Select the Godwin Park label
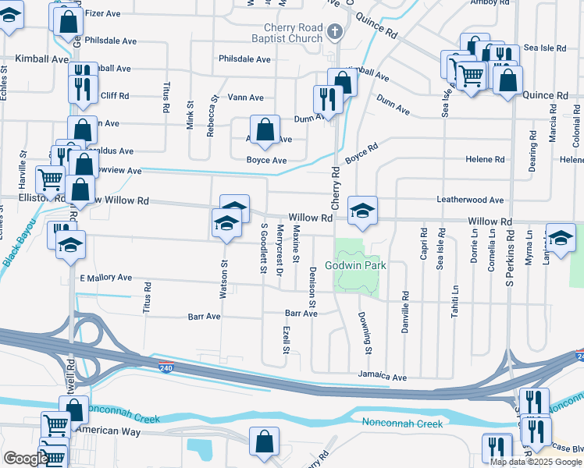355,266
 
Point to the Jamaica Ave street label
383,377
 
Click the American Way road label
110,431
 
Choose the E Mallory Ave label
105,277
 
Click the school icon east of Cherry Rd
361,210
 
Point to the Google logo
26,459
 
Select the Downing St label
364,331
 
